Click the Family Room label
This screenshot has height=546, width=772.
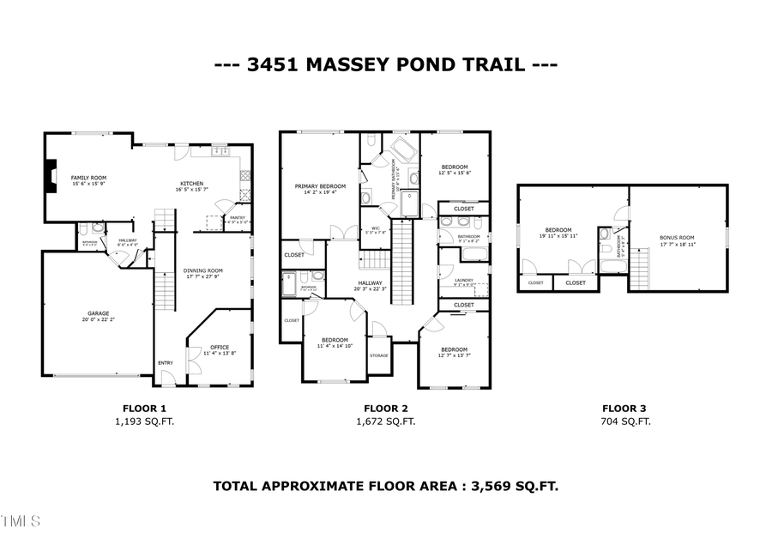(x=88, y=178)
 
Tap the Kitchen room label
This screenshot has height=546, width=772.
(x=190, y=183)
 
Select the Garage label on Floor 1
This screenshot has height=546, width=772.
(x=97, y=313)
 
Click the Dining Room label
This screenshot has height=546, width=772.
(x=202, y=272)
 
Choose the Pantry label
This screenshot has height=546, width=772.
(x=237, y=218)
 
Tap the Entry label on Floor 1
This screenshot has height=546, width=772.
(x=165, y=363)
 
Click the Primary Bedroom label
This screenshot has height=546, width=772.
(x=320, y=186)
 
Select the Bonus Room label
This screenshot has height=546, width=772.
(x=677, y=237)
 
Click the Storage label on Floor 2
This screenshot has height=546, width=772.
(x=378, y=355)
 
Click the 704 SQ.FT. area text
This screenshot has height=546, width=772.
(x=625, y=422)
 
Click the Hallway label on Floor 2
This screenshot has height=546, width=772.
(x=370, y=284)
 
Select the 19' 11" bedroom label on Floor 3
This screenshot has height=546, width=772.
(x=558, y=231)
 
